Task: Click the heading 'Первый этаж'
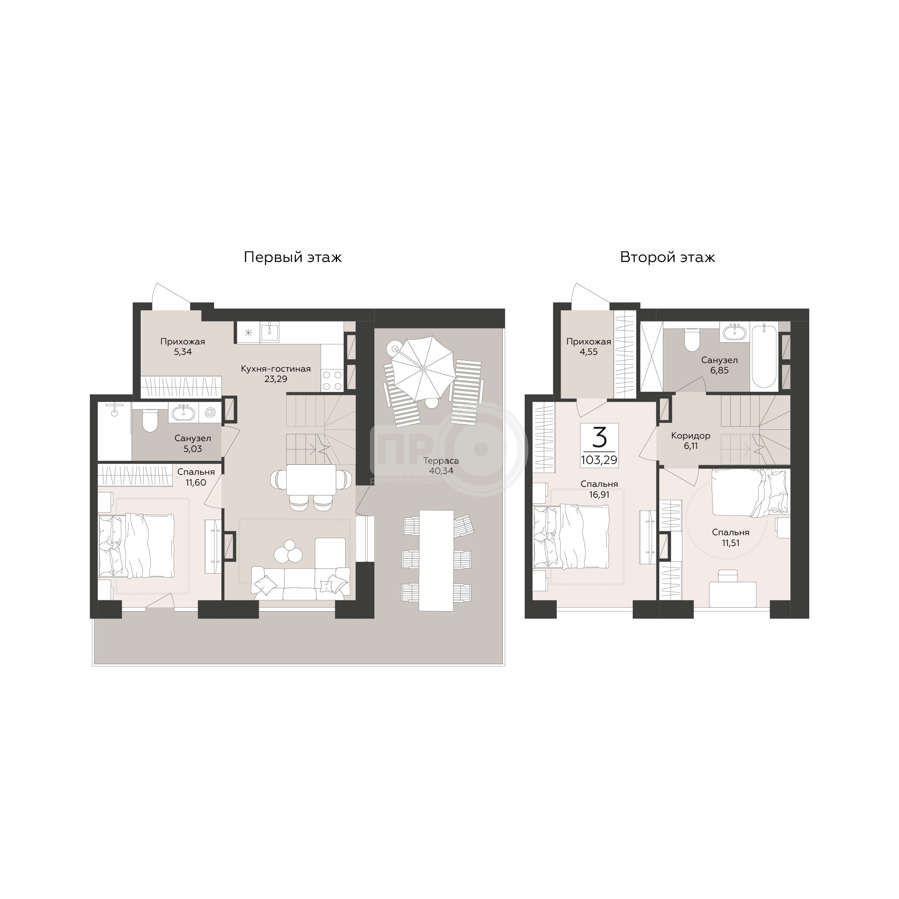point(293,257)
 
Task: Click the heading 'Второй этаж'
point(667,257)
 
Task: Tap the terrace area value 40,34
point(441,470)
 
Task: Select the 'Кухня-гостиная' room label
point(275,369)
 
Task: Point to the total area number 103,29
point(599,461)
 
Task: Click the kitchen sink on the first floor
point(269,332)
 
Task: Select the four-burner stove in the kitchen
point(332,380)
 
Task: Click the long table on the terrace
point(436,560)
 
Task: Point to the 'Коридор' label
point(691,435)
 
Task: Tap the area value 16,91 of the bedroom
point(599,494)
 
